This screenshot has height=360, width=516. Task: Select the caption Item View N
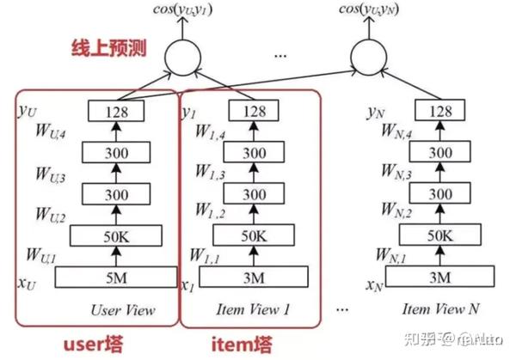(441, 309)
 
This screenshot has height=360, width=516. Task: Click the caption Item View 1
(256, 309)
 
